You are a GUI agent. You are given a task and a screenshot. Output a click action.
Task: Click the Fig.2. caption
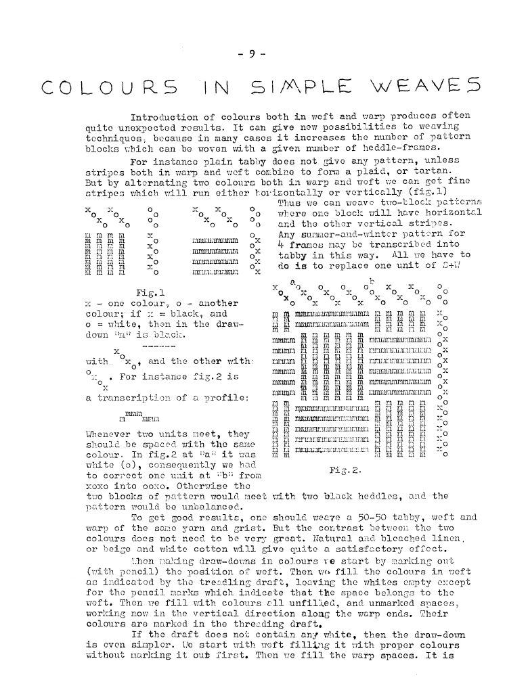point(345,469)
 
